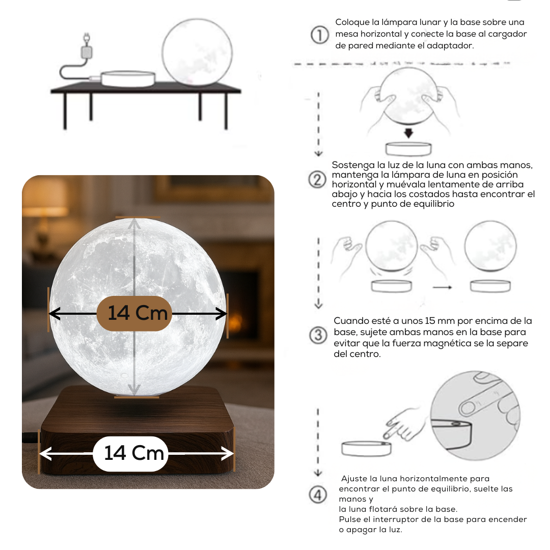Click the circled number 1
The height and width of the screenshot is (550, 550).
319,35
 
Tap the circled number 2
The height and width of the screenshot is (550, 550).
317,180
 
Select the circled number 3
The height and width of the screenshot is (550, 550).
318,335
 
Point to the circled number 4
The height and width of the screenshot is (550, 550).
318,495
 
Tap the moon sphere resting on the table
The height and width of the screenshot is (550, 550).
198,52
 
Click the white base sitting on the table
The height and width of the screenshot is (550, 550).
128,78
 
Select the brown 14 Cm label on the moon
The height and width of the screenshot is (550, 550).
134,313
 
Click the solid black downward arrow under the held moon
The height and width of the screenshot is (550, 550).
408,133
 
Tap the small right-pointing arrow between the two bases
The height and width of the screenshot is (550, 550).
443,288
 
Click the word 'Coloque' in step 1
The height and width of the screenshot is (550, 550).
352,22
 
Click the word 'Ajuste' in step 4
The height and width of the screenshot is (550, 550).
354,479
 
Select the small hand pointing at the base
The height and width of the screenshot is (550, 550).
403,423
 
